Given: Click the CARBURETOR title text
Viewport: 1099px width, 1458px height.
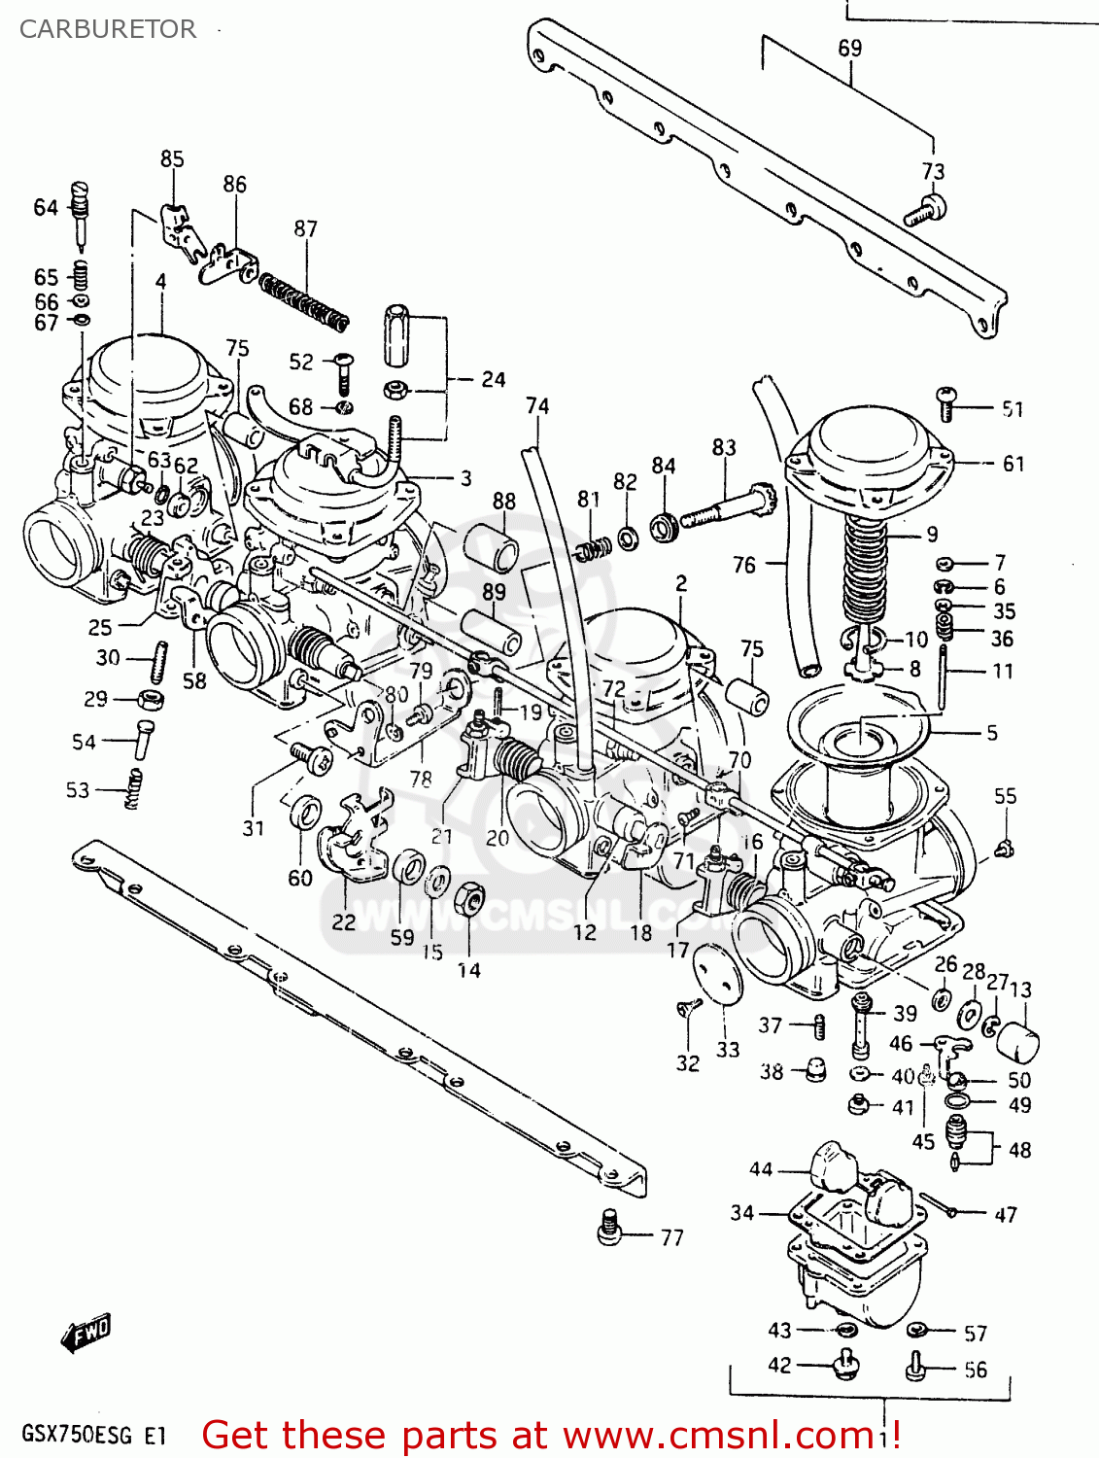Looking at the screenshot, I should [x=107, y=29].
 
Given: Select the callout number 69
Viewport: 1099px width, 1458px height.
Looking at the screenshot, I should [x=849, y=48].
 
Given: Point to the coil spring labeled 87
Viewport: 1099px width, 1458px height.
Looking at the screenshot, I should [x=304, y=298].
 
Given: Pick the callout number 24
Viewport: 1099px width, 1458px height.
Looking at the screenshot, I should [x=493, y=379].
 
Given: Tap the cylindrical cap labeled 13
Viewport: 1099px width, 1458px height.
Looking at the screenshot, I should [x=1017, y=1043].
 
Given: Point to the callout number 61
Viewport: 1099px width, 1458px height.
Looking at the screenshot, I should [x=1013, y=464].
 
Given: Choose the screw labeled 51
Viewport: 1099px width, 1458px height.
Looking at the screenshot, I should [x=947, y=402].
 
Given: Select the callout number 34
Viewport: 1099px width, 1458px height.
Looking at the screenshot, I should [x=742, y=1212].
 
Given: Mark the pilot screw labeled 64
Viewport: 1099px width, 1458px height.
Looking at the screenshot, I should [x=81, y=208].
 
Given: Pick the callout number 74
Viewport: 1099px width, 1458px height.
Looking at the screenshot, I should [x=537, y=405].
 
